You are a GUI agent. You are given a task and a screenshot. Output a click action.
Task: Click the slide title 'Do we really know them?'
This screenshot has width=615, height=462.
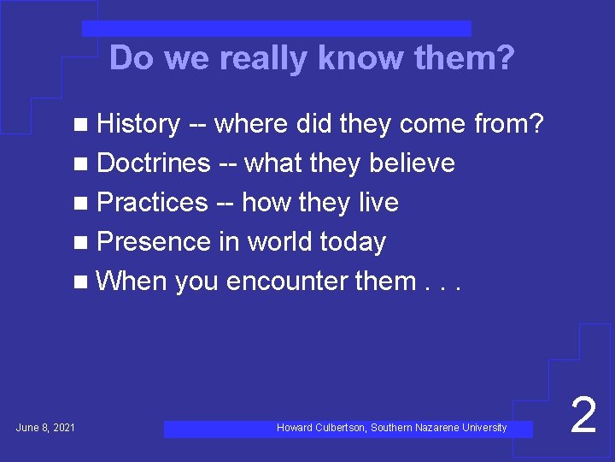click(312, 59)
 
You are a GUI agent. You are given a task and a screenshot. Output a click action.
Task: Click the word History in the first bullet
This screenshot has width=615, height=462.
click(138, 124)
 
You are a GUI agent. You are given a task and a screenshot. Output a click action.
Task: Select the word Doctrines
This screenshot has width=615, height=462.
click(154, 163)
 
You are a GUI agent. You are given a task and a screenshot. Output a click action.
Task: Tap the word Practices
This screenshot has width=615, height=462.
click(152, 203)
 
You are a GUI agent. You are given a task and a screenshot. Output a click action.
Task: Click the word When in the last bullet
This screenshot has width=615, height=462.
click(132, 281)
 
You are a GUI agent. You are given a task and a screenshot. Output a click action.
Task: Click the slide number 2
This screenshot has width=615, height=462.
click(583, 417)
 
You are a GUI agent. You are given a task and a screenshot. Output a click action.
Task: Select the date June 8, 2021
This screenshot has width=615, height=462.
click(45, 428)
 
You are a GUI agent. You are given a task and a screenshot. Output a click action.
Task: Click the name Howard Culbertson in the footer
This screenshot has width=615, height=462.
click(321, 428)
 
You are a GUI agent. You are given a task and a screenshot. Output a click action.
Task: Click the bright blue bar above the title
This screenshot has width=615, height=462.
click(277, 29)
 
